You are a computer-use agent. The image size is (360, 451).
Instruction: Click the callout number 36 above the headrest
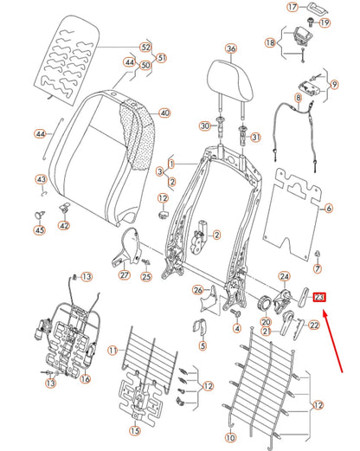[230, 49]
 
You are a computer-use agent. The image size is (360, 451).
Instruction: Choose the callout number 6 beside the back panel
[329, 209]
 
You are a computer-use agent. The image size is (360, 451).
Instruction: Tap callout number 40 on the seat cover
[164, 113]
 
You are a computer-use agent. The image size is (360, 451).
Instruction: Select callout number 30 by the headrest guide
[204, 126]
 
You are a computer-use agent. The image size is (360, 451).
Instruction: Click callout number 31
[255, 138]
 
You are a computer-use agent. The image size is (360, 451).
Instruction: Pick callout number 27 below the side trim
[124, 275]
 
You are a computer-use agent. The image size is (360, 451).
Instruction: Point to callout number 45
[112, 350]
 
